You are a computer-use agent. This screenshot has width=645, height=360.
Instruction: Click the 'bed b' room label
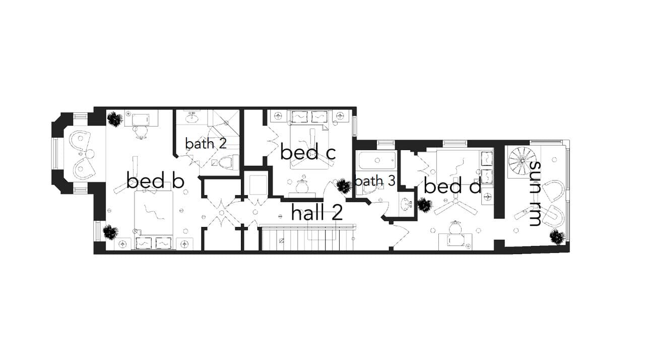coord(155,181)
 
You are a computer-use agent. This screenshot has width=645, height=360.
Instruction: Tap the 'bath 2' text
coord(206,143)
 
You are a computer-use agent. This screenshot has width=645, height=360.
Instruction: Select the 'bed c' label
coord(307,152)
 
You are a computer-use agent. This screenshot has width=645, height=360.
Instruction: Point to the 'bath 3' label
coord(374,181)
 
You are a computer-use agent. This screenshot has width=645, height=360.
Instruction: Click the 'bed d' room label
coord(452,186)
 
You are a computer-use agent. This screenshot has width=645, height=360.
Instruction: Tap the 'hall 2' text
coord(317,213)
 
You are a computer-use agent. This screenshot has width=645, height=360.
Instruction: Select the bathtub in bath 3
coord(376,161)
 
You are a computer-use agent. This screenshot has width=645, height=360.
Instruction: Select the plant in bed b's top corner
coord(115,119)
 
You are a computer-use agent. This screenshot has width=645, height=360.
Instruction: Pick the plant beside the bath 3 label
coord(344,186)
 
